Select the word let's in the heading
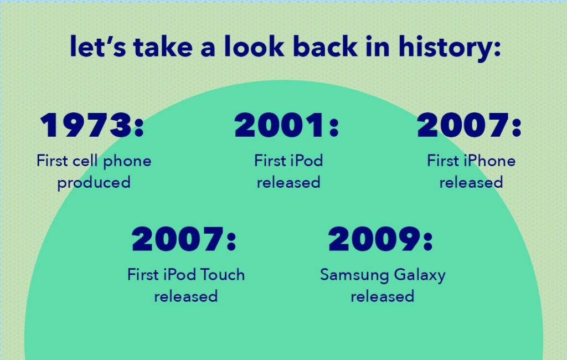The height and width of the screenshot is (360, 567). click(x=98, y=46)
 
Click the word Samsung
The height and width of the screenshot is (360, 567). click(x=354, y=275)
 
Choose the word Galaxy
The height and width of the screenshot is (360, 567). click(x=420, y=275)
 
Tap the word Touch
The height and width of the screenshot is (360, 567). click(x=223, y=275)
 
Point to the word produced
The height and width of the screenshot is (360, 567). click(x=94, y=183)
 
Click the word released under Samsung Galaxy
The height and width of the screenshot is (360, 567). click(x=383, y=296)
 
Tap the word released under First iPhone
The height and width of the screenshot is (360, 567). click(x=471, y=182)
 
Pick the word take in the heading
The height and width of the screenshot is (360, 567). click(x=163, y=46)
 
